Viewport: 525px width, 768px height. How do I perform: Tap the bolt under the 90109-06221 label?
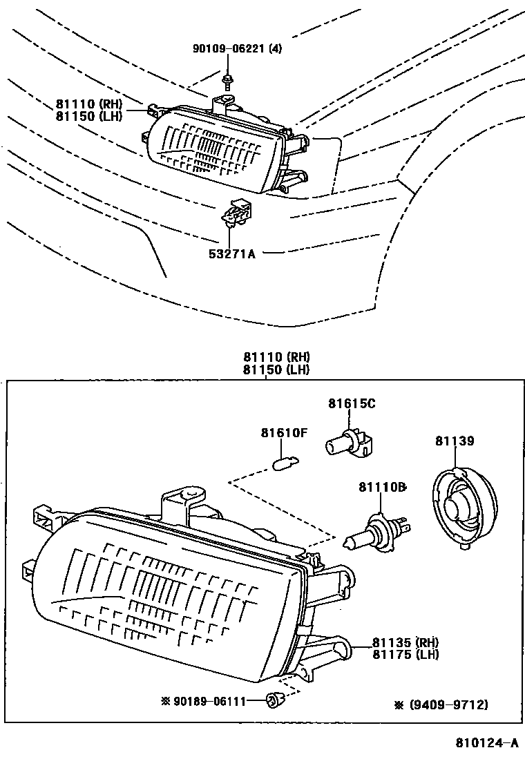point(228,81)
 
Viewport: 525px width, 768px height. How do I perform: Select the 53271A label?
point(233,253)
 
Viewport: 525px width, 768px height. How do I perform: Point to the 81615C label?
point(352,404)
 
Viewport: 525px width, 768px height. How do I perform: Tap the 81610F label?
point(283,433)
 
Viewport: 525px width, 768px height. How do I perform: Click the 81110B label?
point(382,488)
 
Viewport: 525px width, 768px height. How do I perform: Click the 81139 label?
point(455,441)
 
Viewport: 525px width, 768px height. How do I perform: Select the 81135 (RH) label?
point(406,642)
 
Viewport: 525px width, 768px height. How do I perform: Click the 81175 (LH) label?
point(406,654)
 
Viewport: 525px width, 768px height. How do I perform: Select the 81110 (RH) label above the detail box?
point(276,358)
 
